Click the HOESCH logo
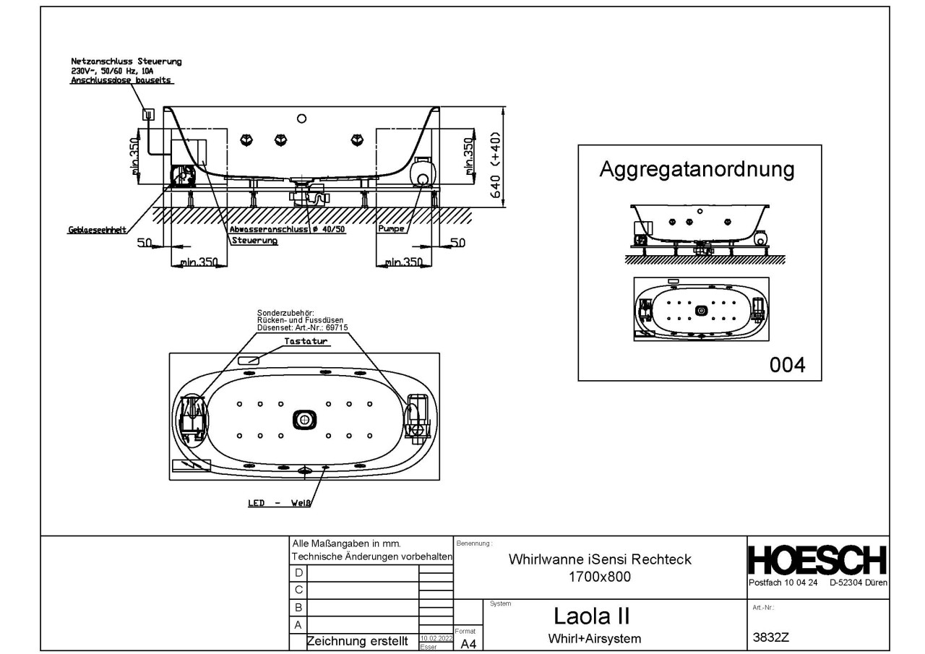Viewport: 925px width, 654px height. coord(817,562)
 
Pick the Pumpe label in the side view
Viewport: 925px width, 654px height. coord(391,228)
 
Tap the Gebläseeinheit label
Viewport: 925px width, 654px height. coord(98,230)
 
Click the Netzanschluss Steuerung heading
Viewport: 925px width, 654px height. coord(126,62)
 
